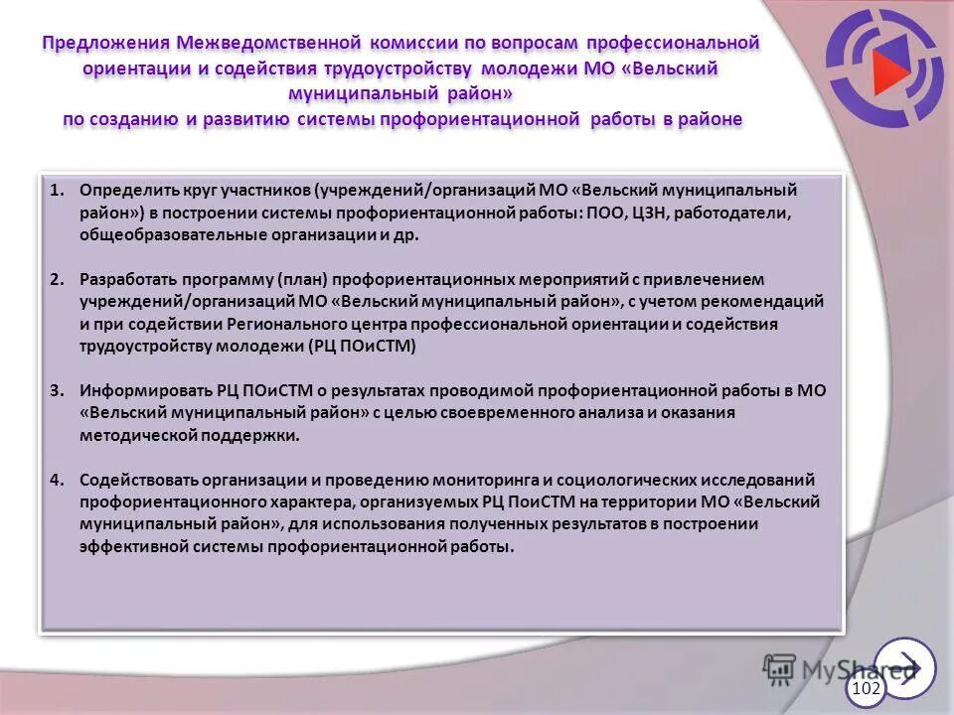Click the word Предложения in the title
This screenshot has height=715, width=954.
pos(106,44)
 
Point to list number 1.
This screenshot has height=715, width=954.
pos(57,189)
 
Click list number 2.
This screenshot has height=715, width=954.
pos(57,279)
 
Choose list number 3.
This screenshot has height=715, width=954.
pos(57,390)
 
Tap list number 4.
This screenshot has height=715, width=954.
pos(57,479)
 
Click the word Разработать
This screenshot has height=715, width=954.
pos(129,279)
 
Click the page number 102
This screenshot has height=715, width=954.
pos(867,688)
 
